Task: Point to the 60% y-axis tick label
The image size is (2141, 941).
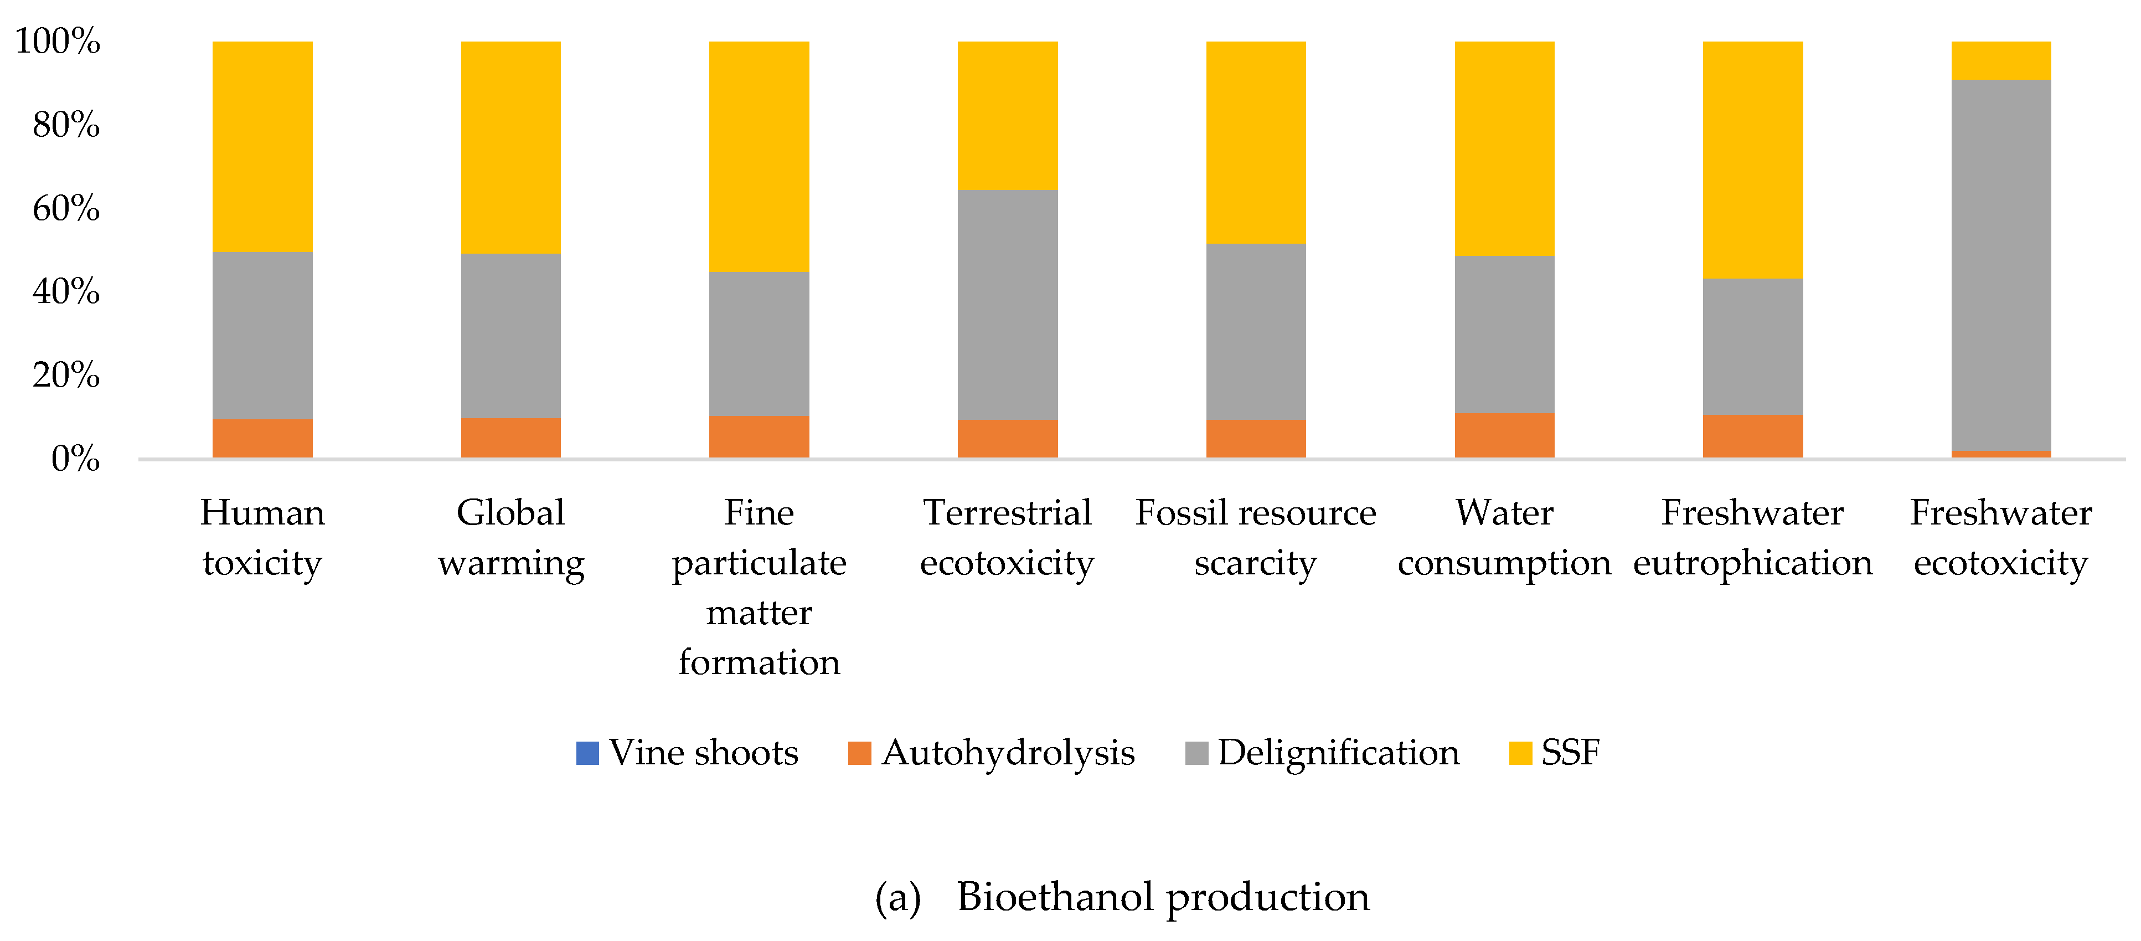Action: [66, 208]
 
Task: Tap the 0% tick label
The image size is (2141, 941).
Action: [75, 459]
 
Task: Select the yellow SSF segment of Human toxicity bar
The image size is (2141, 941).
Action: [262, 146]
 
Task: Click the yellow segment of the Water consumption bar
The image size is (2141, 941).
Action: [1504, 148]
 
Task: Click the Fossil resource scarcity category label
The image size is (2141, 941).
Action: [1255, 537]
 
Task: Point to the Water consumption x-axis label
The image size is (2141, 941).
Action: [1504, 537]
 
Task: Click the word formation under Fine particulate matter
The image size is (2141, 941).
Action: [759, 662]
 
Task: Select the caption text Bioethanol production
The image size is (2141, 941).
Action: [1162, 897]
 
